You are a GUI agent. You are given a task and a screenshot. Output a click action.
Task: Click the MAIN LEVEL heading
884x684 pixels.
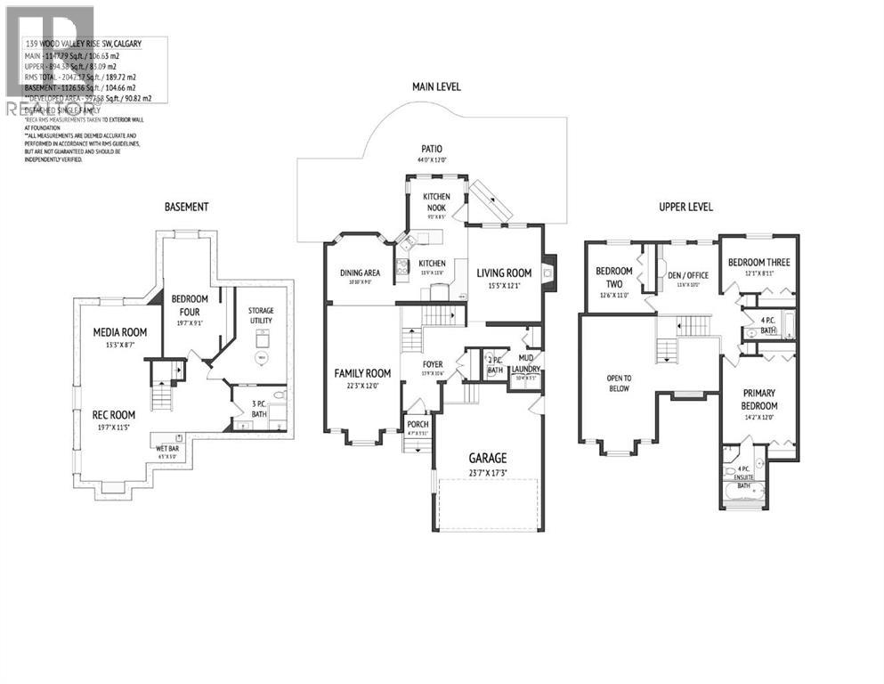pos(442,86)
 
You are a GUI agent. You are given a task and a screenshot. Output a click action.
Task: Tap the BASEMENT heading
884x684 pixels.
pos(186,207)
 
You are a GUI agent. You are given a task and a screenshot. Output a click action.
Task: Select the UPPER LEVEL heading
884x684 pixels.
pos(685,207)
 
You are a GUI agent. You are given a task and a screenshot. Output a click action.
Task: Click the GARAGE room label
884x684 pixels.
pos(488,459)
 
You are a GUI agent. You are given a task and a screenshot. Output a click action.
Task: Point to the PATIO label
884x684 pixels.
pos(433,149)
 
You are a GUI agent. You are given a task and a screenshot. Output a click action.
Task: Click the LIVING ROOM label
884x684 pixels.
pos(504,273)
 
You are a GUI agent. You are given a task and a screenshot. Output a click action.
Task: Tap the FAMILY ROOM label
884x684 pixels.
pos(362,373)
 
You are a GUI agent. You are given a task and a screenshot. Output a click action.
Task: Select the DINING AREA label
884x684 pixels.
pos(361,273)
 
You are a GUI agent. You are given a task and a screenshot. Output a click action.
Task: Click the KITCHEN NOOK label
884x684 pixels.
pos(436,201)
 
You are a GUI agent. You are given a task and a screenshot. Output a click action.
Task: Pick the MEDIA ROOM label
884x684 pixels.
pos(120,332)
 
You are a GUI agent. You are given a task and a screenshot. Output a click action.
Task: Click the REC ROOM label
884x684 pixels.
pos(115,414)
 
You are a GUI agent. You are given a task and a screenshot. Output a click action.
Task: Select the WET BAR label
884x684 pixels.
pos(167,448)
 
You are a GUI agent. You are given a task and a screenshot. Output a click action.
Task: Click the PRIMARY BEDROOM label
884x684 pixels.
pos(759,398)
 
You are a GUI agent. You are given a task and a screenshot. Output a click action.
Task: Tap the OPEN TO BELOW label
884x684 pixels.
pos(619,382)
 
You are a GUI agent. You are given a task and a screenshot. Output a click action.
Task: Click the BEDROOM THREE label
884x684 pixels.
pos(758,262)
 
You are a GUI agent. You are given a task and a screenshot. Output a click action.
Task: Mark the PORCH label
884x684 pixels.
pos(418,424)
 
